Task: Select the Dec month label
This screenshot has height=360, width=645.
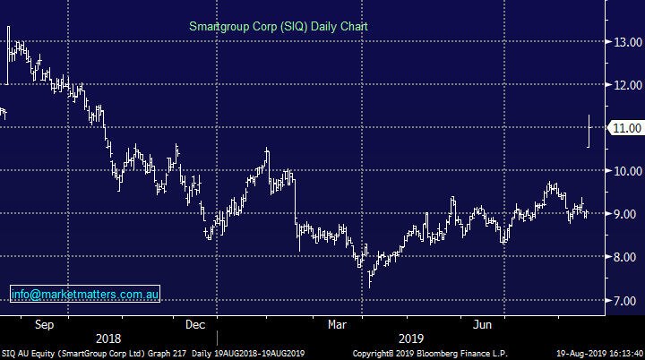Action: tap(196, 323)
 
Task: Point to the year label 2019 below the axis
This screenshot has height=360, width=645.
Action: tap(411, 339)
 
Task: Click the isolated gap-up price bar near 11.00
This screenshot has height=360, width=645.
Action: tap(589, 131)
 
